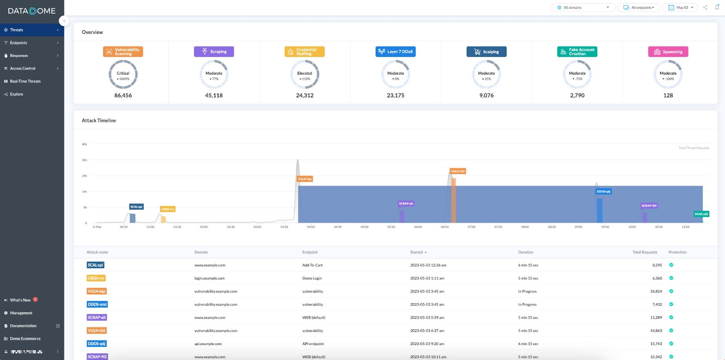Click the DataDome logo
[32, 11]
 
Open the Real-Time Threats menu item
[25, 82]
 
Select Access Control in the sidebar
[23, 68]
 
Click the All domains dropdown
[583, 8]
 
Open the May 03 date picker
[681, 8]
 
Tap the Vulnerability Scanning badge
[123, 52]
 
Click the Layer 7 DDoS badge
[396, 52]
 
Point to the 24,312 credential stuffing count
[304, 96]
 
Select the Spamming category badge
[668, 52]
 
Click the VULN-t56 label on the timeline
[458, 171]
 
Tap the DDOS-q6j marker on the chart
[603, 192]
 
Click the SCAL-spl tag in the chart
[136, 206]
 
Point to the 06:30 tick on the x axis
[445, 227]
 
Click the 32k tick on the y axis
[84, 160]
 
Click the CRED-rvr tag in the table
[96, 278]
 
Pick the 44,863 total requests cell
[656, 331]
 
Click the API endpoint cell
[313, 344]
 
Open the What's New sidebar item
[20, 300]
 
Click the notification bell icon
[717, 7]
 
